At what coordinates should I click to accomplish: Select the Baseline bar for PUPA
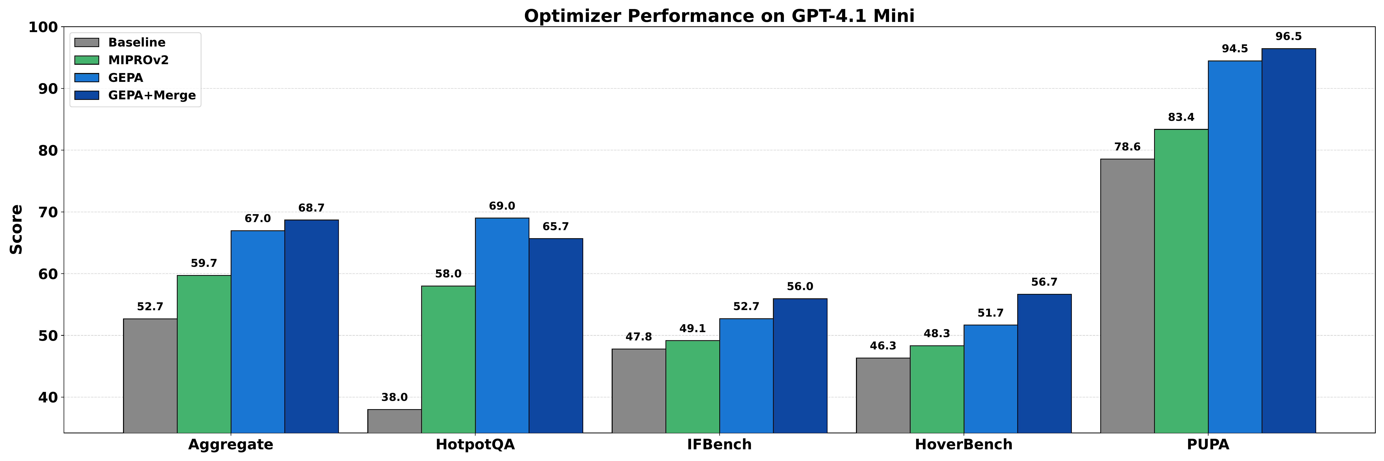tap(1127, 295)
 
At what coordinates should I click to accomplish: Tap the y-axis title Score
tap(16, 230)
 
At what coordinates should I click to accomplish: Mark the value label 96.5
tap(1288, 36)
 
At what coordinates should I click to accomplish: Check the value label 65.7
tap(556, 226)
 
